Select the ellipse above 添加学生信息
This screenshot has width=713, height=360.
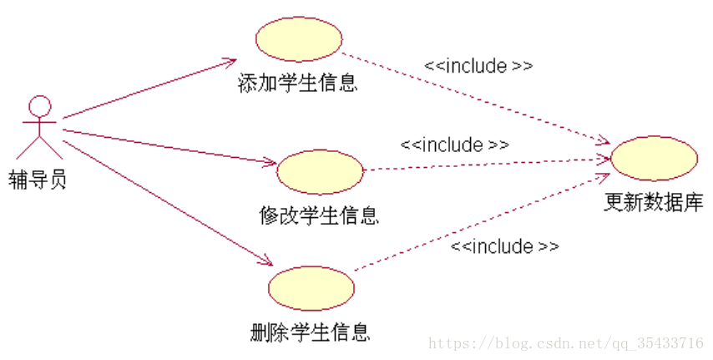coord(298,39)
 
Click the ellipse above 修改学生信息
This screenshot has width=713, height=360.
coord(320,172)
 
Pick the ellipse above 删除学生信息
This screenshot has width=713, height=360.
coord(311,289)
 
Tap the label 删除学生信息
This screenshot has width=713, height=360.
coord(310,333)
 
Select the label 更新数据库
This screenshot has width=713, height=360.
coord(654,202)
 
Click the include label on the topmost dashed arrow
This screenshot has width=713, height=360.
coord(478,66)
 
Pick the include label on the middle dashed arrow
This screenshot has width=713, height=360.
coord(455,145)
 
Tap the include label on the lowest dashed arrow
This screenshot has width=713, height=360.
coord(505,246)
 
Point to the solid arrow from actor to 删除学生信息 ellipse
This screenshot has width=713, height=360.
coord(167,201)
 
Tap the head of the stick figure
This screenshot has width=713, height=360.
coord(40,106)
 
